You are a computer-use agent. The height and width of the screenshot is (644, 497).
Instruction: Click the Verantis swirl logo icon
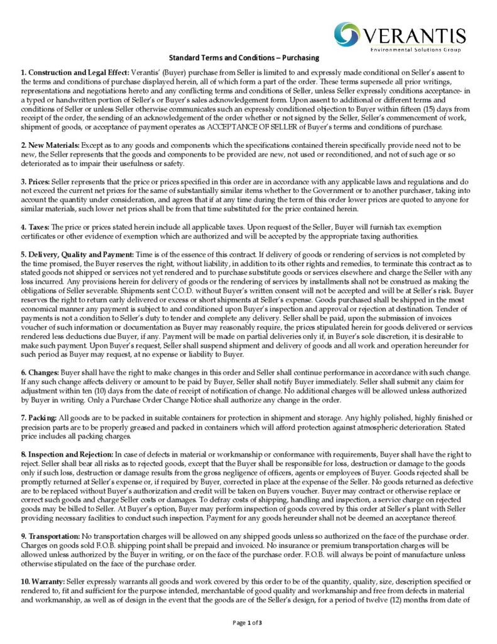(347, 35)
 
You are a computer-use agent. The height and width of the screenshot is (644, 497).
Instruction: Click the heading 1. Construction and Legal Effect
(75, 74)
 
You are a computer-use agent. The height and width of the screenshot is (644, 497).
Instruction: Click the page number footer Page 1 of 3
(247, 623)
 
